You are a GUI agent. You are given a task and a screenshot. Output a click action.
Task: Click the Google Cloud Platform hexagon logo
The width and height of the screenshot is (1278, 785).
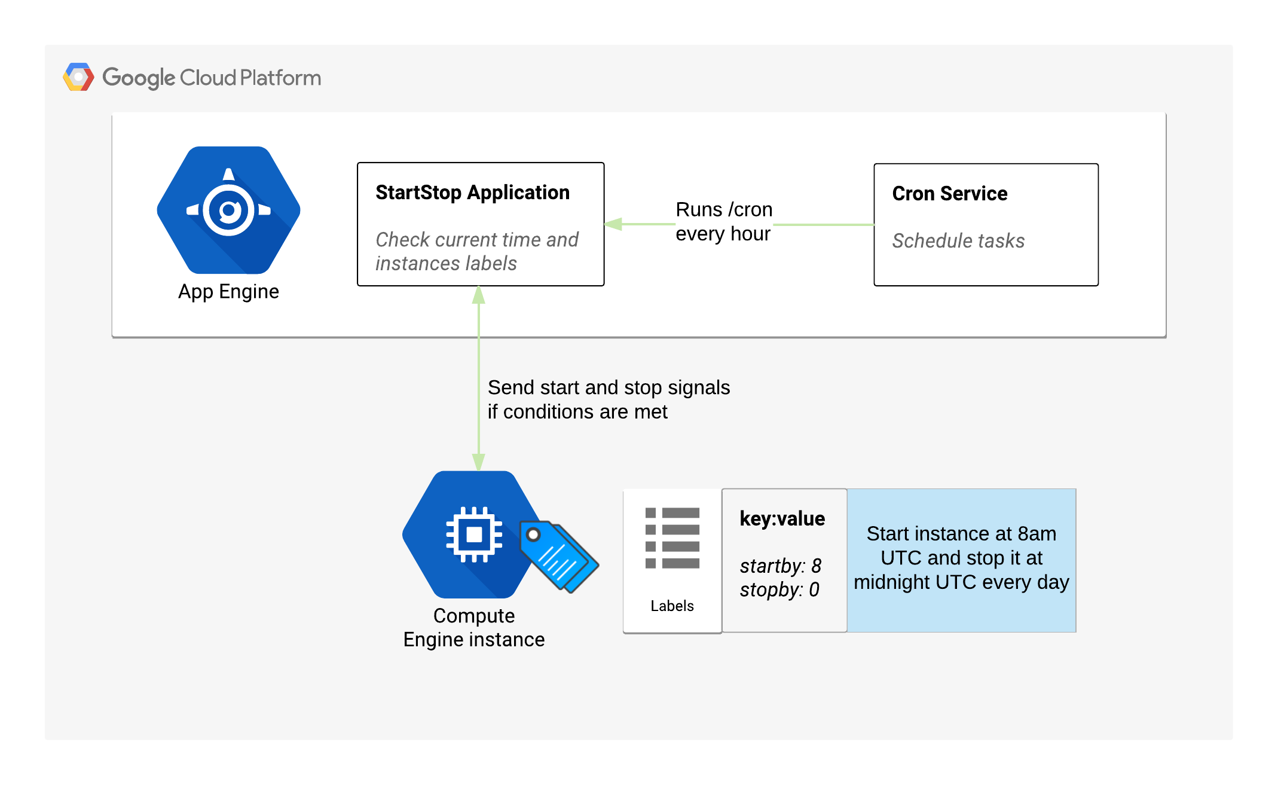pyautogui.click(x=78, y=77)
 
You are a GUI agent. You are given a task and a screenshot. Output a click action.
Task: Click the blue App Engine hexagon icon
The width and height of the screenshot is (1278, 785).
pyautogui.click(x=228, y=210)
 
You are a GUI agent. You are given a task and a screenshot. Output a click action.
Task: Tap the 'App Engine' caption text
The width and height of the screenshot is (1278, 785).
pyautogui.click(x=228, y=292)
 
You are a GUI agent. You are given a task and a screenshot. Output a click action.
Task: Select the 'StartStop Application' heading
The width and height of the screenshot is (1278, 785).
pyautogui.click(x=472, y=193)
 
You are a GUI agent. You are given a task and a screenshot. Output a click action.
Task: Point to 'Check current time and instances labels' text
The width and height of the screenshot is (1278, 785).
pyautogui.click(x=476, y=251)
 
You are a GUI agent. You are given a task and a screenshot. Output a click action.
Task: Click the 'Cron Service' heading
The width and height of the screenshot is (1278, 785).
pyautogui.click(x=950, y=194)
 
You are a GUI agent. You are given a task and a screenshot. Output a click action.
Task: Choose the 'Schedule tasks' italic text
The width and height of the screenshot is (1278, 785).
pyautogui.click(x=958, y=240)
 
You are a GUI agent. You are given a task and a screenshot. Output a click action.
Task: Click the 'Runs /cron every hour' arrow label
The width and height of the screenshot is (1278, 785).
pyautogui.click(x=724, y=221)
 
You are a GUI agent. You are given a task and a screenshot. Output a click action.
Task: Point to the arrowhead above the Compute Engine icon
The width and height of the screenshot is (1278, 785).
pyautogui.click(x=478, y=462)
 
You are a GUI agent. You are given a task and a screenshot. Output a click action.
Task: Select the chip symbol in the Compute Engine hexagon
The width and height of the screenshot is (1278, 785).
pyautogui.click(x=474, y=534)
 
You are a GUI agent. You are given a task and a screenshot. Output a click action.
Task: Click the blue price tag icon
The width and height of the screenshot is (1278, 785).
pyautogui.click(x=559, y=557)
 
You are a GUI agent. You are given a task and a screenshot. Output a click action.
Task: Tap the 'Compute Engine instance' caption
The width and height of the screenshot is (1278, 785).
pyautogui.click(x=474, y=628)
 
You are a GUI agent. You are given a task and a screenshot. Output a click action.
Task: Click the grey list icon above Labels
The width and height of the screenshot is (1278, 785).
pyautogui.click(x=672, y=538)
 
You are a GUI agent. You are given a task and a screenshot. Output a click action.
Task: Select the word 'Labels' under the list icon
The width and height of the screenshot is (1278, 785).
pyautogui.click(x=672, y=606)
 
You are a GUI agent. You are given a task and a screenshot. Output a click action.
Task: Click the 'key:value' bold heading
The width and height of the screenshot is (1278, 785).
pyautogui.click(x=782, y=518)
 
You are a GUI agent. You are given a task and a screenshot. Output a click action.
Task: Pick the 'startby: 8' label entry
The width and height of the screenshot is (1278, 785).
pyautogui.click(x=781, y=566)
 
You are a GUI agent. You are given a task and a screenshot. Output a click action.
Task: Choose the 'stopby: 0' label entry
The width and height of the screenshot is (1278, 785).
pyautogui.click(x=779, y=589)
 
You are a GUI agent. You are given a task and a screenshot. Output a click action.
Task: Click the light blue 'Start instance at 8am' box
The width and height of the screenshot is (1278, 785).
pyautogui.click(x=961, y=560)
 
